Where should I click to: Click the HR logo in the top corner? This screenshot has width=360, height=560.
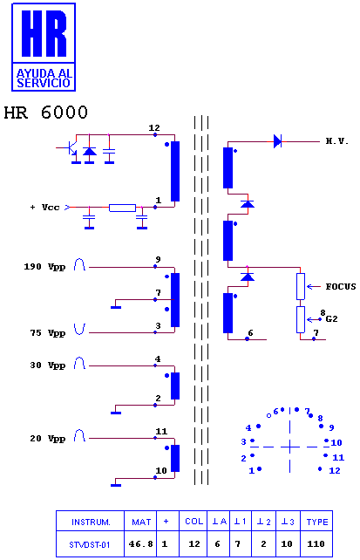click(44, 47)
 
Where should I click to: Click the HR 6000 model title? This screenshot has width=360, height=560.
click(45, 113)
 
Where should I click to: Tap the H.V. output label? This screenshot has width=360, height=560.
click(336, 141)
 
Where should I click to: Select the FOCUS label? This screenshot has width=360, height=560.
click(341, 286)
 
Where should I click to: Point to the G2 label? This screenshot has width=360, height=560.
click(331, 319)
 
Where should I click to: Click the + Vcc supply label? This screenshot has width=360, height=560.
click(45, 208)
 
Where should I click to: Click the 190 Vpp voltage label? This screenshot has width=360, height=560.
click(44, 267)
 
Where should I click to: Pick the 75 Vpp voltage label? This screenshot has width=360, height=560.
click(47, 333)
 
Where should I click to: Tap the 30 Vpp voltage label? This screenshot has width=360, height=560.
click(47, 365)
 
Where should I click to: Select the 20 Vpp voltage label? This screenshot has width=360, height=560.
click(47, 439)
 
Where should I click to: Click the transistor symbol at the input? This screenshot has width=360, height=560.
click(71, 149)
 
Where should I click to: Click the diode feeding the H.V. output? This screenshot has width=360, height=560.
click(277, 141)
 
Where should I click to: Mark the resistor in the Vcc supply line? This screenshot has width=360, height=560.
click(122, 208)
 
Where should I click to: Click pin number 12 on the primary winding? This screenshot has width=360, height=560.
click(154, 128)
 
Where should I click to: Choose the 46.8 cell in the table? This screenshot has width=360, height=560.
click(140, 544)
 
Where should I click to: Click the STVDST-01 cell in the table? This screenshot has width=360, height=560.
click(90, 544)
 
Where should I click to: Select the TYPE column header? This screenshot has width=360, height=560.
click(317, 522)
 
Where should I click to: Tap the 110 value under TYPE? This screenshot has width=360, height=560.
click(316, 544)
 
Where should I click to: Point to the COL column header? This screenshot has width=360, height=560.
click(194, 522)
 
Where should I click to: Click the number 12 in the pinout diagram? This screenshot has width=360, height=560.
click(335, 470)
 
